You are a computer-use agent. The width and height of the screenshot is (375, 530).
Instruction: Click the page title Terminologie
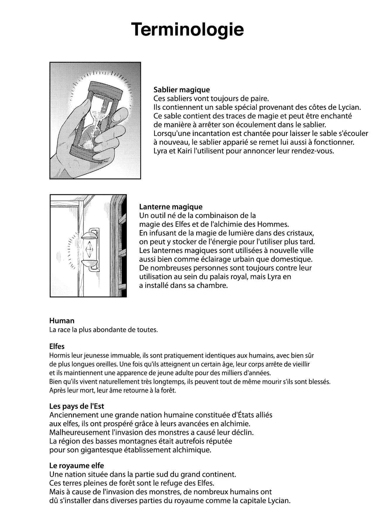(x=187, y=29)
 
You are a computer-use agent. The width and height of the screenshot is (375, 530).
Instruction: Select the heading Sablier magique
(x=182, y=90)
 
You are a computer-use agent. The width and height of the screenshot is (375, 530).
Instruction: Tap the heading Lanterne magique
(x=171, y=207)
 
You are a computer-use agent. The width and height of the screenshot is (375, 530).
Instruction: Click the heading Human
(x=62, y=321)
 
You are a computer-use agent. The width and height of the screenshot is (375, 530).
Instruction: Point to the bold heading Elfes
(x=57, y=346)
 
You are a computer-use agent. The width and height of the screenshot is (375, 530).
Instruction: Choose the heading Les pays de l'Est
(x=77, y=406)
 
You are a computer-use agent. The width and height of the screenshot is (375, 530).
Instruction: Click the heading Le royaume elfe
(x=77, y=466)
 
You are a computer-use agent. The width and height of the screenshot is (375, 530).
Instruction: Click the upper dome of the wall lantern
(x=89, y=235)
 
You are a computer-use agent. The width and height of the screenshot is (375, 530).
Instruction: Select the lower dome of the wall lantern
(x=89, y=262)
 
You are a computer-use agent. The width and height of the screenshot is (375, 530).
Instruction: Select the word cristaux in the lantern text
(x=301, y=233)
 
